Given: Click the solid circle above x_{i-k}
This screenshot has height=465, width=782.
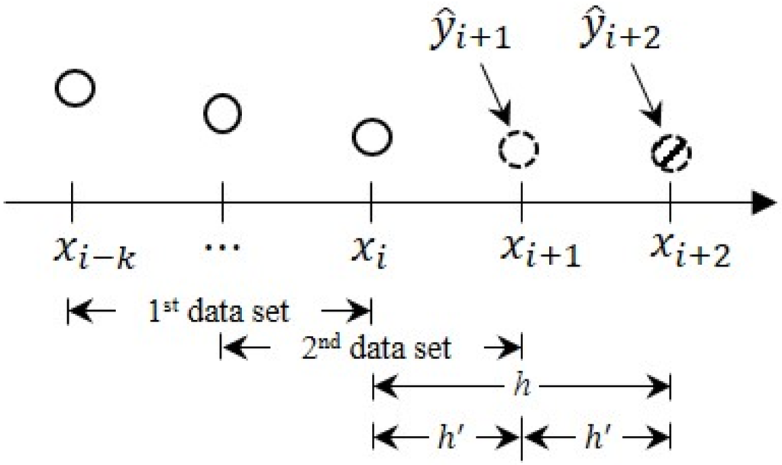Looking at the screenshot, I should pos(75,89).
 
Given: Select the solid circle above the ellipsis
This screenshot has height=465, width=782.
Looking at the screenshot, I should pos(222,114).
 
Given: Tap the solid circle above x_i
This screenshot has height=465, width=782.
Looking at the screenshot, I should pos(372,137).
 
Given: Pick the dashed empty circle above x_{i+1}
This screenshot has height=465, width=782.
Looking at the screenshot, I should pos(519,148).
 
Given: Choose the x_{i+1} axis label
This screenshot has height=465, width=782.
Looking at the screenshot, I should pos(539,250).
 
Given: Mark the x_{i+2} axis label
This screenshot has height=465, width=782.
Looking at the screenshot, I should pos(690,250).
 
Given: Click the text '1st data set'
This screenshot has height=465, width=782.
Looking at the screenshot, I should pos(218,311).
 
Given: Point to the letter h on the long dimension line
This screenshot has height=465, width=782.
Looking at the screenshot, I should pos(521,385).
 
